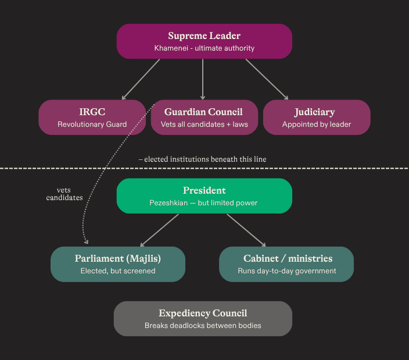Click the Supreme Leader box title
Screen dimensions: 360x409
click(204, 36)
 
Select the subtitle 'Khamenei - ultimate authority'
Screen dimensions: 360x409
click(204, 48)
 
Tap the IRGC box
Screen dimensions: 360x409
click(92, 117)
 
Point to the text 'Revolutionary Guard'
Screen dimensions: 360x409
click(92, 124)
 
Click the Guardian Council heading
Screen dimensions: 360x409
click(203, 112)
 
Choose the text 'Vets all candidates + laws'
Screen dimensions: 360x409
click(204, 124)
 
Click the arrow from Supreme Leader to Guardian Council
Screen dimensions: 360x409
click(203, 79)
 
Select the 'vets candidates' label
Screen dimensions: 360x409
click(64, 194)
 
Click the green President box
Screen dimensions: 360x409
click(204, 196)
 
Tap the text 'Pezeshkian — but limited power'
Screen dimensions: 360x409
click(204, 203)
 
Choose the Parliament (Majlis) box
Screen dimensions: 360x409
click(118, 264)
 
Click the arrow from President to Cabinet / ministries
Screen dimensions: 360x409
click(246, 230)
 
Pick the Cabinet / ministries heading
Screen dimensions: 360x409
click(288, 258)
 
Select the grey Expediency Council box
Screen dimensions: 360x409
click(203, 319)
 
